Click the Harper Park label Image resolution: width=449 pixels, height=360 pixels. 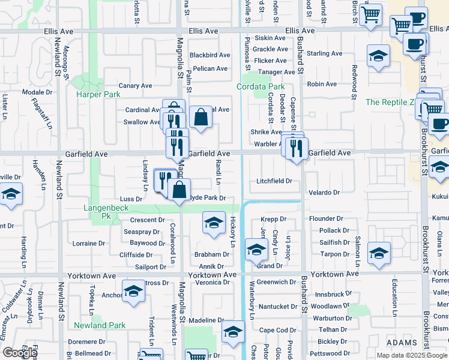click(x=98, y=95)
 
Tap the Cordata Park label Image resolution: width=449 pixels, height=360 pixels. click(x=261, y=87)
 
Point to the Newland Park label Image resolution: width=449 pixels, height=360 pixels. click(x=100, y=326)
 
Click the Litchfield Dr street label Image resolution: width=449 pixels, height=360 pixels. click(x=274, y=181)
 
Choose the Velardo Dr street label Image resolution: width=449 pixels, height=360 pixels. click(x=324, y=193)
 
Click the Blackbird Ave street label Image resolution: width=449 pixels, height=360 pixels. click(x=210, y=55)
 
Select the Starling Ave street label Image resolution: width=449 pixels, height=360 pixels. click(x=324, y=54)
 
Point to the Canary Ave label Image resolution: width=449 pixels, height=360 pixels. click(x=135, y=86)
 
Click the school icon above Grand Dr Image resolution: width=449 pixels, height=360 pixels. click(x=256, y=250)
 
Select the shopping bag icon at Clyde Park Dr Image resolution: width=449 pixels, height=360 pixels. click(x=179, y=190)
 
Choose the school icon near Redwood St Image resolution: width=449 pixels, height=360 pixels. click(x=377, y=58)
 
